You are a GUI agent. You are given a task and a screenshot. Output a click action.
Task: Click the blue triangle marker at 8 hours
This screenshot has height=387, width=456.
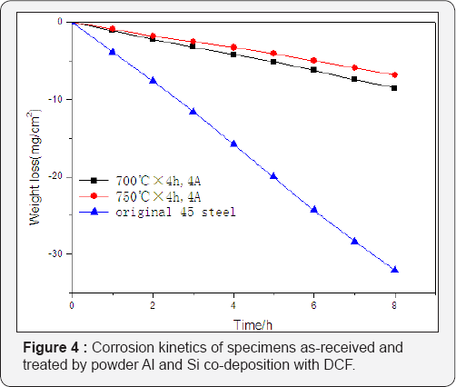394,270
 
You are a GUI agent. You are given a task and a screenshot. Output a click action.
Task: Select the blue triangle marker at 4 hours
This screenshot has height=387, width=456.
233,144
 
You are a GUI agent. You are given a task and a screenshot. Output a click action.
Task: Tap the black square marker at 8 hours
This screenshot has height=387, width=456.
394,88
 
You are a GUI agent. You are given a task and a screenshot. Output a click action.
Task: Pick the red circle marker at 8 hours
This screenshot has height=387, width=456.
394,74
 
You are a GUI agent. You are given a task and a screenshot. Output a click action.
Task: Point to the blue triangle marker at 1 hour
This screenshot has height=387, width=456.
113,52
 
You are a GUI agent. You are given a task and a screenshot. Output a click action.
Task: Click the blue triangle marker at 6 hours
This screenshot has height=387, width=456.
314,210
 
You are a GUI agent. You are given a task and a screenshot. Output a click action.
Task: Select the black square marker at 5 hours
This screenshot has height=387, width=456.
273,62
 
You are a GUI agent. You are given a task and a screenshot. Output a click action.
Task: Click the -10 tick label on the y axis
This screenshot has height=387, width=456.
56,99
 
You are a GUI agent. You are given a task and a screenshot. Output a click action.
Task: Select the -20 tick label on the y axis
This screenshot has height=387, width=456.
56,176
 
